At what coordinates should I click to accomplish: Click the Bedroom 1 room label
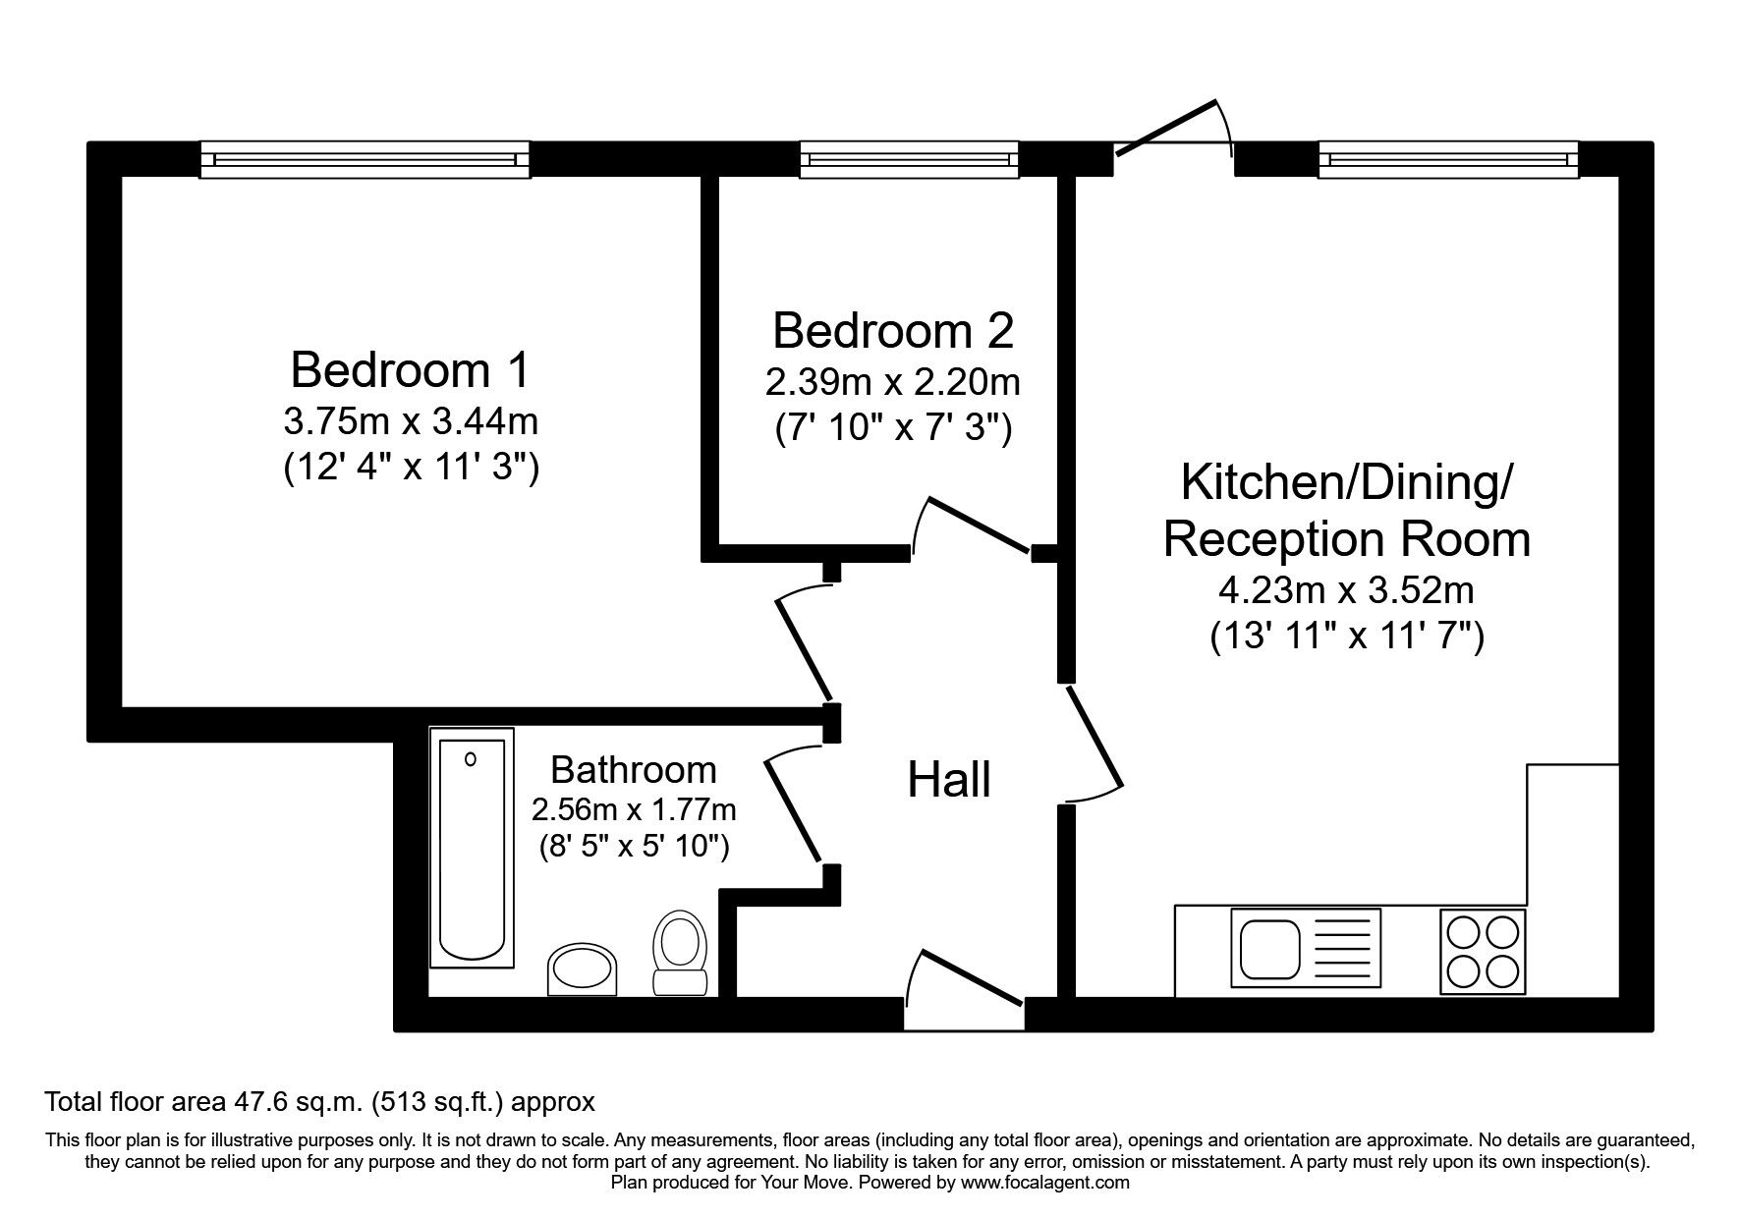pos(410,370)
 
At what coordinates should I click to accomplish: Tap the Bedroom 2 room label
pos(892,331)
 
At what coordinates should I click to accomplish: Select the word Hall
pos(948,781)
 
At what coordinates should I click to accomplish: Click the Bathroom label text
pos(633,769)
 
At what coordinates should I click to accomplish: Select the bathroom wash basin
pos(584,970)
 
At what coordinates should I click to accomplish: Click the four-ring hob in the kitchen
pos(1483,950)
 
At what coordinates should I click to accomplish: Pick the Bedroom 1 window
pos(365,159)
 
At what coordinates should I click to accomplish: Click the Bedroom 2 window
pos(909,159)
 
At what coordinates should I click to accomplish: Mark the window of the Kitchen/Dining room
pos(1448,159)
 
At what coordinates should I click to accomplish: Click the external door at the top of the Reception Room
pos(1173,133)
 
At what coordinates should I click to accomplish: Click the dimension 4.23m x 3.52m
pos(1346,591)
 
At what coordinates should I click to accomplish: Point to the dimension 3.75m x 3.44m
pos(410,422)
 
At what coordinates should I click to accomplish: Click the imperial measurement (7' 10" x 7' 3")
pos(892,428)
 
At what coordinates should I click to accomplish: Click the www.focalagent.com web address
pos(1044,1183)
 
